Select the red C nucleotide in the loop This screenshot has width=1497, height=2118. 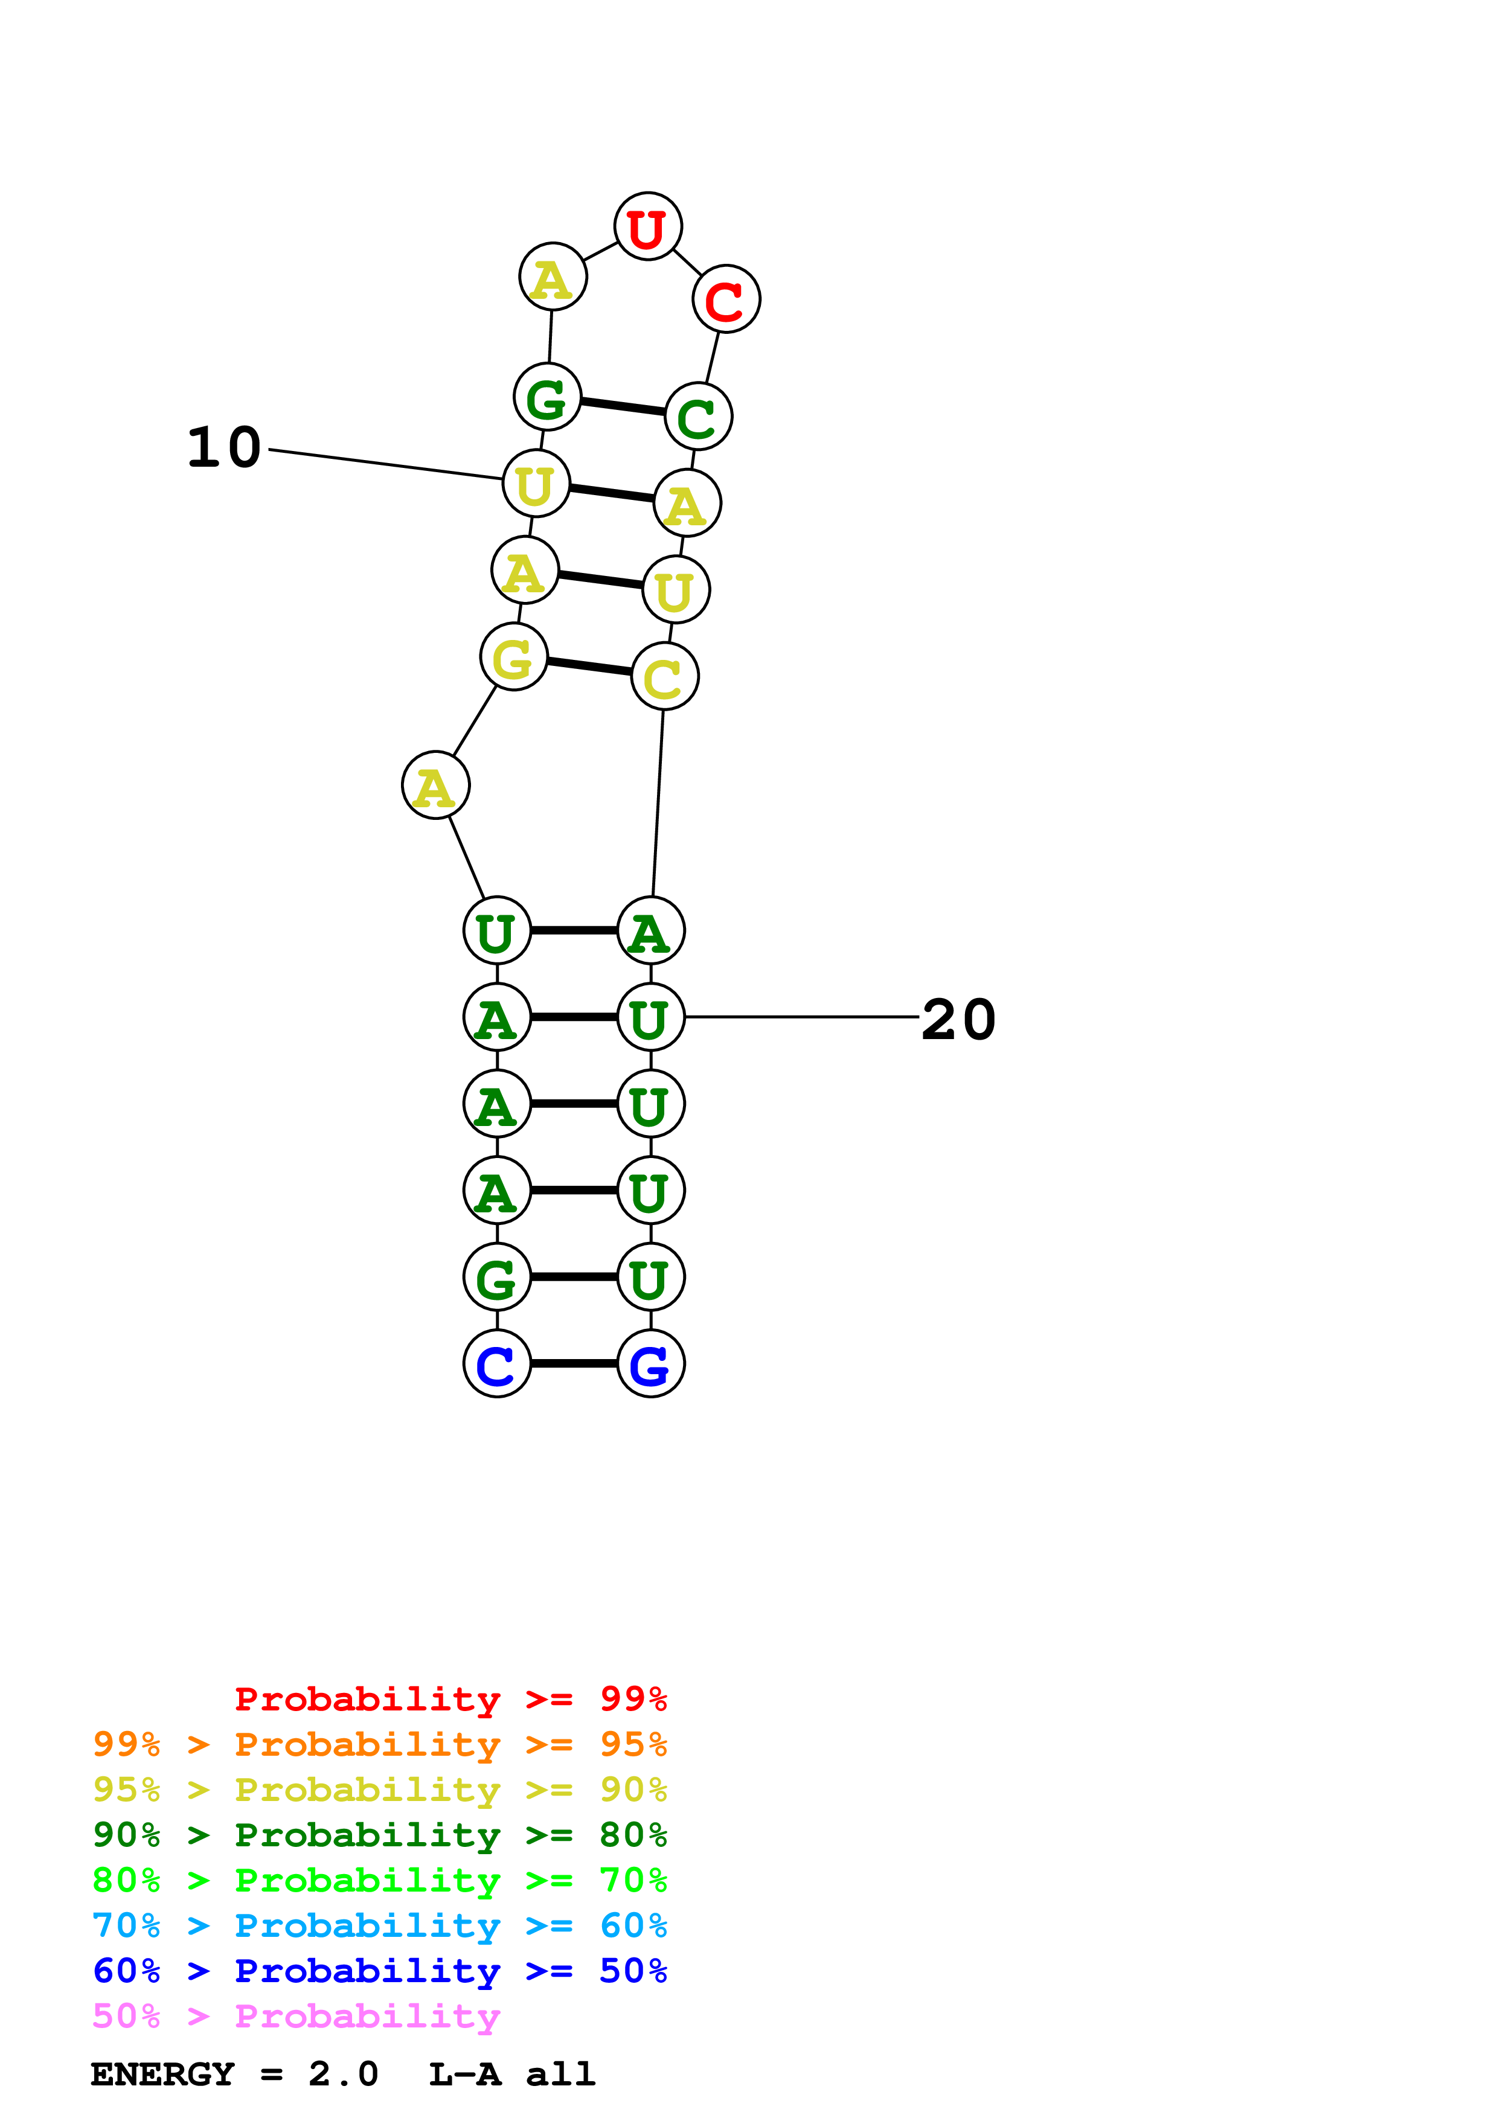[726, 299]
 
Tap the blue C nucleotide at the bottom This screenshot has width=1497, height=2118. [497, 1363]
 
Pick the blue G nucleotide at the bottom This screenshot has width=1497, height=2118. [650, 1363]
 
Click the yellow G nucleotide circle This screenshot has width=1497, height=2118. [514, 657]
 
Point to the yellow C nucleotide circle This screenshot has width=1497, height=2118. [664, 677]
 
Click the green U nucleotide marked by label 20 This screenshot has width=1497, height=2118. [650, 1017]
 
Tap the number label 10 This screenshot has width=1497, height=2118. [224, 449]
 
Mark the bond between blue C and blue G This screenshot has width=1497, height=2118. [574, 1363]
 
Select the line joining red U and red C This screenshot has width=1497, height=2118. [687, 263]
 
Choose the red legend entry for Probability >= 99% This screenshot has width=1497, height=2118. [451, 1699]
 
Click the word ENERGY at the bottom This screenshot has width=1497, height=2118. [162, 2075]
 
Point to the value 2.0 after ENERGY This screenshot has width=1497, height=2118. [343, 2075]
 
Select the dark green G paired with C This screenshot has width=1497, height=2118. [548, 397]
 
